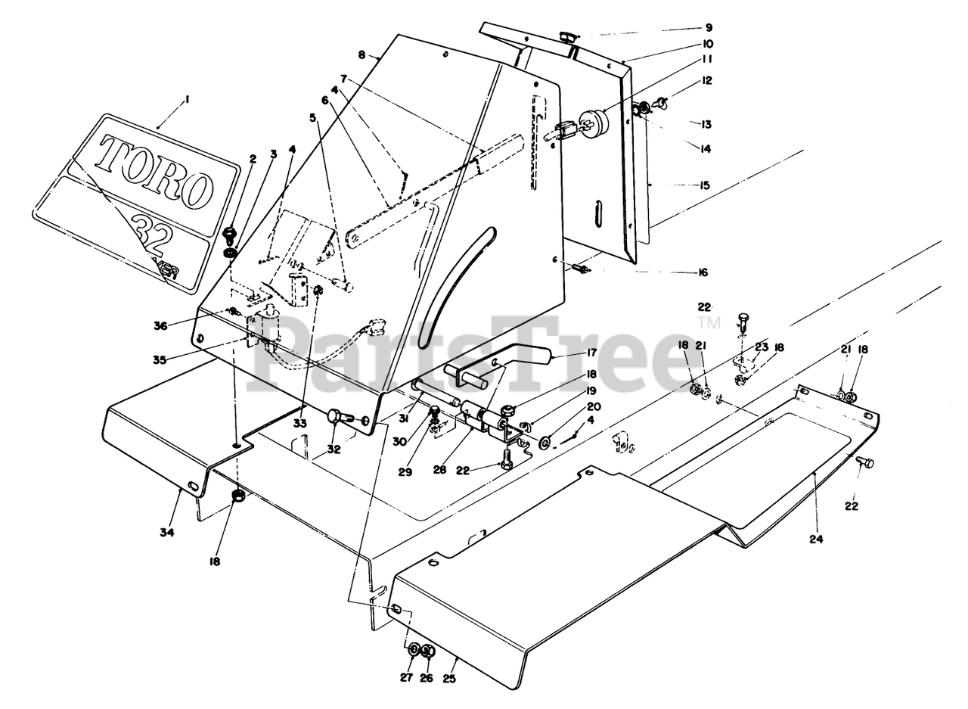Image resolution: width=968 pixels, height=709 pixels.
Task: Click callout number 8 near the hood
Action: (x=362, y=55)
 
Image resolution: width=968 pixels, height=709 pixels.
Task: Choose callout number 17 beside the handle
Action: (x=591, y=353)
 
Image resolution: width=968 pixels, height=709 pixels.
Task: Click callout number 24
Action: (x=816, y=540)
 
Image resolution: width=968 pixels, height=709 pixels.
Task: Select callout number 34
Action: (x=167, y=533)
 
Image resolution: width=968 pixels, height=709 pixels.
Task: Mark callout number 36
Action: (x=160, y=325)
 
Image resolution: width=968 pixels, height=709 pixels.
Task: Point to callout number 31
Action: (x=405, y=419)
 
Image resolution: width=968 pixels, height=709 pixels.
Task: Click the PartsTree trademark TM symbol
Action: (x=709, y=323)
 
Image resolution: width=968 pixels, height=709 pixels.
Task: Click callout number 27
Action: (x=407, y=677)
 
